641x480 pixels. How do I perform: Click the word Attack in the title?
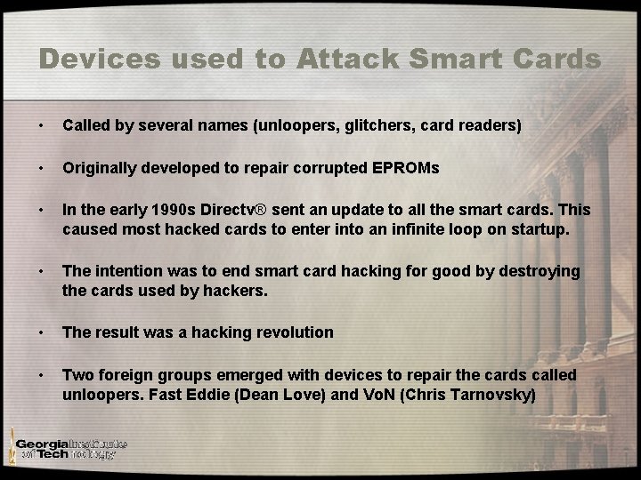click(x=341, y=60)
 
